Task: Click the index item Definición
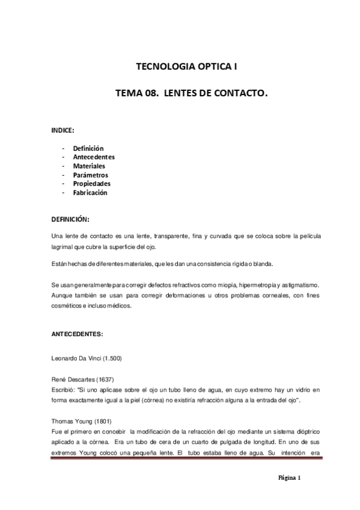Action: (88, 148)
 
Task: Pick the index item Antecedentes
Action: (94, 157)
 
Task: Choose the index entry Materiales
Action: (89, 166)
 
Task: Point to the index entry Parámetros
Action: (91, 175)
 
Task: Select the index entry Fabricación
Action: (90, 192)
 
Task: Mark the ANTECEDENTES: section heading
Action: (77, 333)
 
